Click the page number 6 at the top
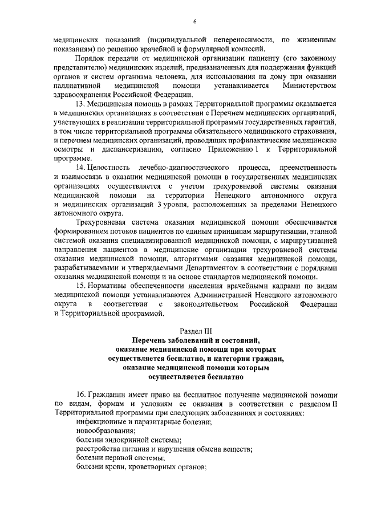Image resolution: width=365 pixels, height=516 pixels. (194, 22)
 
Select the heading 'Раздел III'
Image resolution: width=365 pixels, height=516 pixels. (195, 331)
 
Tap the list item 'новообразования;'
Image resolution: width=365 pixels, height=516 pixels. (104, 430)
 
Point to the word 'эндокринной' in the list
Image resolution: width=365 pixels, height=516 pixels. (125, 440)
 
